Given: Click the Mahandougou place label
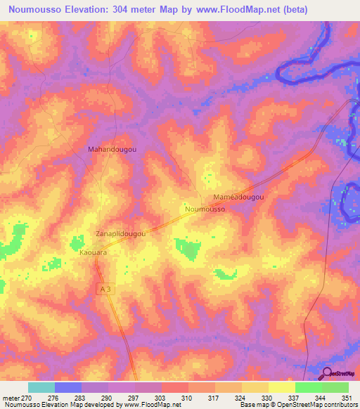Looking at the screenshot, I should [112, 150].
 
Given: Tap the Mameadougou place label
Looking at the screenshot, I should [238, 198].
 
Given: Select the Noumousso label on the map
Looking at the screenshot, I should [205, 209].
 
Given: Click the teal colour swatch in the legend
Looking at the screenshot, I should [41, 387].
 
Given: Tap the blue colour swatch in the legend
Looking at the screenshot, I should [68, 387].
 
